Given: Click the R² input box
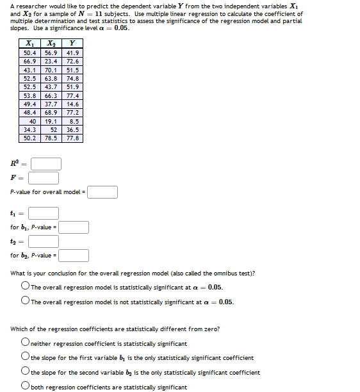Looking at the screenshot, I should pos(46,163).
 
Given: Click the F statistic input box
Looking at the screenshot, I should pos(43,177).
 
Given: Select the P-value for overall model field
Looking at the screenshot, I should pos(102,192).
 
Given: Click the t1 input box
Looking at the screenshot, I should pos(43,213).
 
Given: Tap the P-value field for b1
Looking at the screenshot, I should pos(74,227).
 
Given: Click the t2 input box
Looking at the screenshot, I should pos(43,241).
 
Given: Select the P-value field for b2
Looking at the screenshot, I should pos(74,256).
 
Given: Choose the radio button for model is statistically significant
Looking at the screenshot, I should pos(25,287).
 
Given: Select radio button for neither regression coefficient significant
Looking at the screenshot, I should pos(25,343).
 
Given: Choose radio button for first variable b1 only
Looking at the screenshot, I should pos(25,357).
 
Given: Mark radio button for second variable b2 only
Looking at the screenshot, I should pos(25,372).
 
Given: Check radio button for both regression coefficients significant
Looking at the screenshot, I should pos(25,386).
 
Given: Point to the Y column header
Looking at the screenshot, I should pos(73,44).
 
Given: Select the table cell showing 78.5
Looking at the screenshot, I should pos(51,138).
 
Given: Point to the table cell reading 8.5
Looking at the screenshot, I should pos(73,120).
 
